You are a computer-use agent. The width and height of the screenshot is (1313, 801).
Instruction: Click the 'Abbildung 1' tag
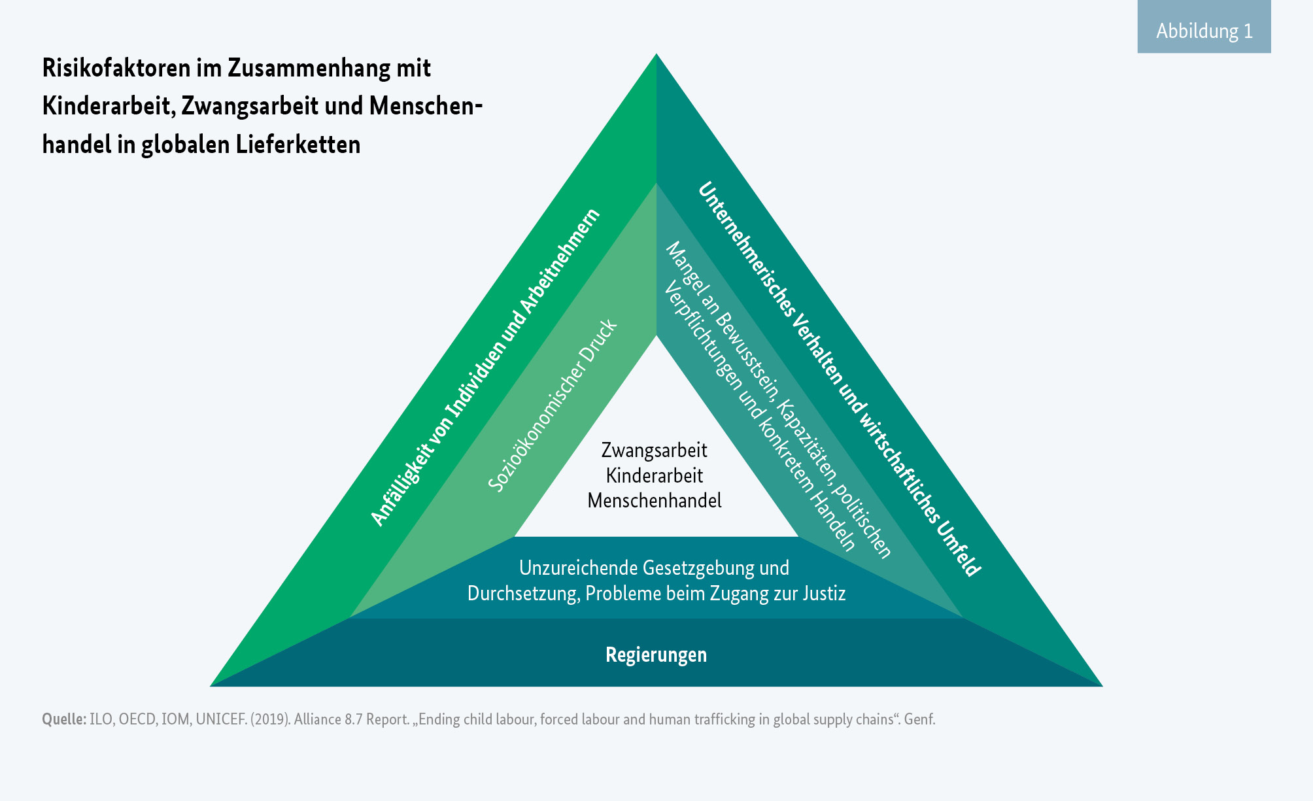(1204, 31)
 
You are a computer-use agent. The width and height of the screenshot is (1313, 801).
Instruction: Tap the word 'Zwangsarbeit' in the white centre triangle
(654, 451)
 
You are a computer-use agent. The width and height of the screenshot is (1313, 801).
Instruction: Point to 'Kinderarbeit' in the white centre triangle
(654, 475)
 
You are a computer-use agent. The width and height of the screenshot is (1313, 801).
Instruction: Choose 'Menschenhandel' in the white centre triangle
(654, 501)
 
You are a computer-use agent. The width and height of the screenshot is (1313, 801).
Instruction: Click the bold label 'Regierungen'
(656, 655)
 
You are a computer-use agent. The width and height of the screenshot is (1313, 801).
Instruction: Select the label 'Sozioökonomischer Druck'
(553, 405)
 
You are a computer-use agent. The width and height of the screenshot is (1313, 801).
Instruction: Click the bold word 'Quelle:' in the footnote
(63, 719)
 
